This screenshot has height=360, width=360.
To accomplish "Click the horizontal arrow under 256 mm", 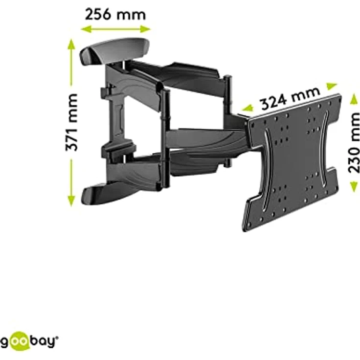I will (x=115, y=29).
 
